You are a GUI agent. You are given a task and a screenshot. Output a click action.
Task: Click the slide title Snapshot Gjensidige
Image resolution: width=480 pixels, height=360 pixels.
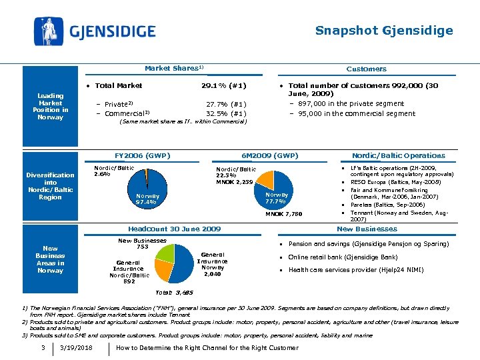383,31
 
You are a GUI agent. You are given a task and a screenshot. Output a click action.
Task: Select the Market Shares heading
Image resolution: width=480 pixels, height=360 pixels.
173,68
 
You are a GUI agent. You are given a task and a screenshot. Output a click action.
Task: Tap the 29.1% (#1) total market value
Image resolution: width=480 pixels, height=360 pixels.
223,85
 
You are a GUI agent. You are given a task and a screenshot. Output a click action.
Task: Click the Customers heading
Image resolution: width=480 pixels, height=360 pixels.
366,69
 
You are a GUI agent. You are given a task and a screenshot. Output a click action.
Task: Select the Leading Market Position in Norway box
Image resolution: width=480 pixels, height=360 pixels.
51,107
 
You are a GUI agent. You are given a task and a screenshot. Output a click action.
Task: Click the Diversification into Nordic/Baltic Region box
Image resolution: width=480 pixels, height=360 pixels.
51,186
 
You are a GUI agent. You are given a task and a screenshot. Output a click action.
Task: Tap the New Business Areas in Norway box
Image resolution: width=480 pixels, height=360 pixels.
51,259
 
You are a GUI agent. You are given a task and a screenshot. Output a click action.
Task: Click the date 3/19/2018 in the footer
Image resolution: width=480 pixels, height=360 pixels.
75,348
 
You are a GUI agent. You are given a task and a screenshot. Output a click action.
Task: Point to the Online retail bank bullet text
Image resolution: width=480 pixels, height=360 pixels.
343,257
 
